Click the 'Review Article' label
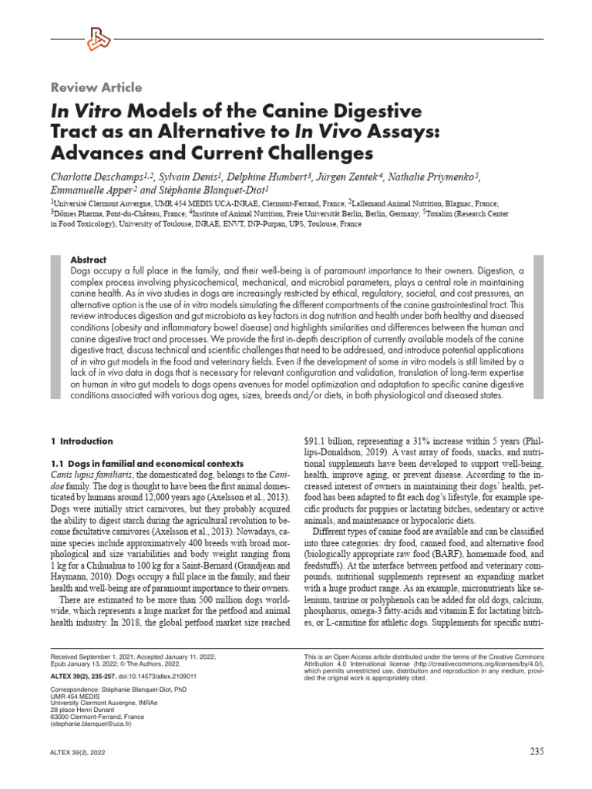coord(96,88)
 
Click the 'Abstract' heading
coord(88,260)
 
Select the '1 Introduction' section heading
coord(81,442)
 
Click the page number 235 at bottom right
coord(537,752)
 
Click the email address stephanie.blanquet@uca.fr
coord(91,725)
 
